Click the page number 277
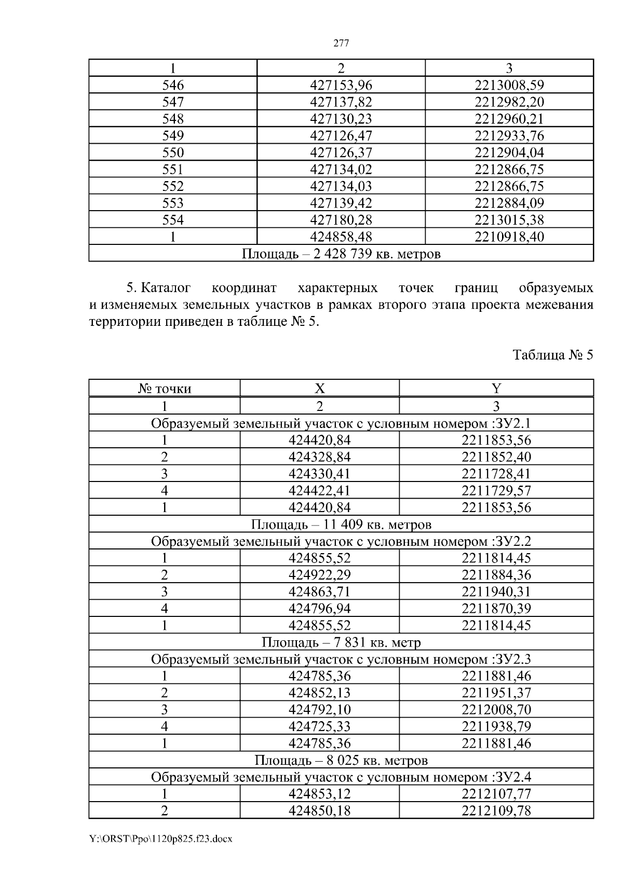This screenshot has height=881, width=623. coord(341,44)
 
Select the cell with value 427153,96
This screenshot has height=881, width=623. coord(341,85)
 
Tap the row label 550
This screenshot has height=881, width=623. coord(173,153)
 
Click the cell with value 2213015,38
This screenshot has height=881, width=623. coord(509,220)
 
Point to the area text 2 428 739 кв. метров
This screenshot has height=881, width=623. coord(341,254)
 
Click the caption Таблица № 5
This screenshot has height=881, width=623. coord(552,355)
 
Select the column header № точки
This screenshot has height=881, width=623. coord(165,389)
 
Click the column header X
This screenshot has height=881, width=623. coord(319,389)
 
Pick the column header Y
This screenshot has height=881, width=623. coord(496,389)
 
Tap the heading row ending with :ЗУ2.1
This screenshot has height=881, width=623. coord(341,423)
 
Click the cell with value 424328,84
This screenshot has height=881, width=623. coord(319,457)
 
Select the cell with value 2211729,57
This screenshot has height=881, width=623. coord(496,490)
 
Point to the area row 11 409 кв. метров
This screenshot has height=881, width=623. coord(341,524)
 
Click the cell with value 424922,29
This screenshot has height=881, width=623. coord(319,575)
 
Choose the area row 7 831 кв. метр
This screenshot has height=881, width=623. coord(341,642)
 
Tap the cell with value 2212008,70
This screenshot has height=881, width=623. coord(496,709)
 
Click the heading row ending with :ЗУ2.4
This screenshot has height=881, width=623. coord(341,777)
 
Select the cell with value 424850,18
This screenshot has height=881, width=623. coord(319,810)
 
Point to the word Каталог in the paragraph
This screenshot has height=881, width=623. coord(166,287)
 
